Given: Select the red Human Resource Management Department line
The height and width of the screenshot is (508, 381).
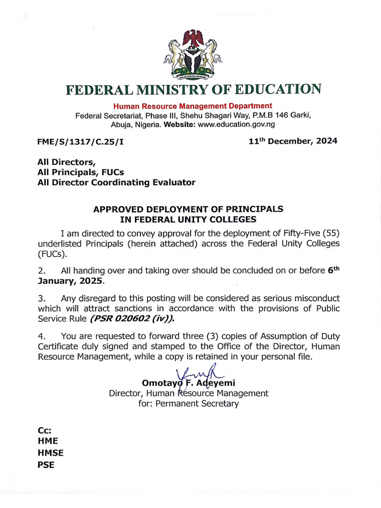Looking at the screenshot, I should pos(192,106).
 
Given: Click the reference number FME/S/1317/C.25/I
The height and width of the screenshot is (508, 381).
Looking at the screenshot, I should pos(80,141).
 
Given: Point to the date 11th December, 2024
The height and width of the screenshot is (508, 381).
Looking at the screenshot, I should pos(293,141).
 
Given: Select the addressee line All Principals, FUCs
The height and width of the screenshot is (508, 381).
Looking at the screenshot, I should pos(80,172).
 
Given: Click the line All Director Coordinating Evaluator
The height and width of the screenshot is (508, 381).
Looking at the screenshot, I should pos(116,183).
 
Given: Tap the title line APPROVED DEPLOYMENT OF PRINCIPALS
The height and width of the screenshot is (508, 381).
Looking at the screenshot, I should pos(188,209).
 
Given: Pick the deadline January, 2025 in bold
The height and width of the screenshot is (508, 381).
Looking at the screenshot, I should pos(71,281).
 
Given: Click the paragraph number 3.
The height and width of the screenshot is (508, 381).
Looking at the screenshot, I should pos(41,299).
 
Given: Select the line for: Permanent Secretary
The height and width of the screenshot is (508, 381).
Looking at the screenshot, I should pos(188,404).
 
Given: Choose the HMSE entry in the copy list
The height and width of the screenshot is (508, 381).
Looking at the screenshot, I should pos(51,453).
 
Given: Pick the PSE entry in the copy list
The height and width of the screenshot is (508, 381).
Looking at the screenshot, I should pos(46,465).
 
